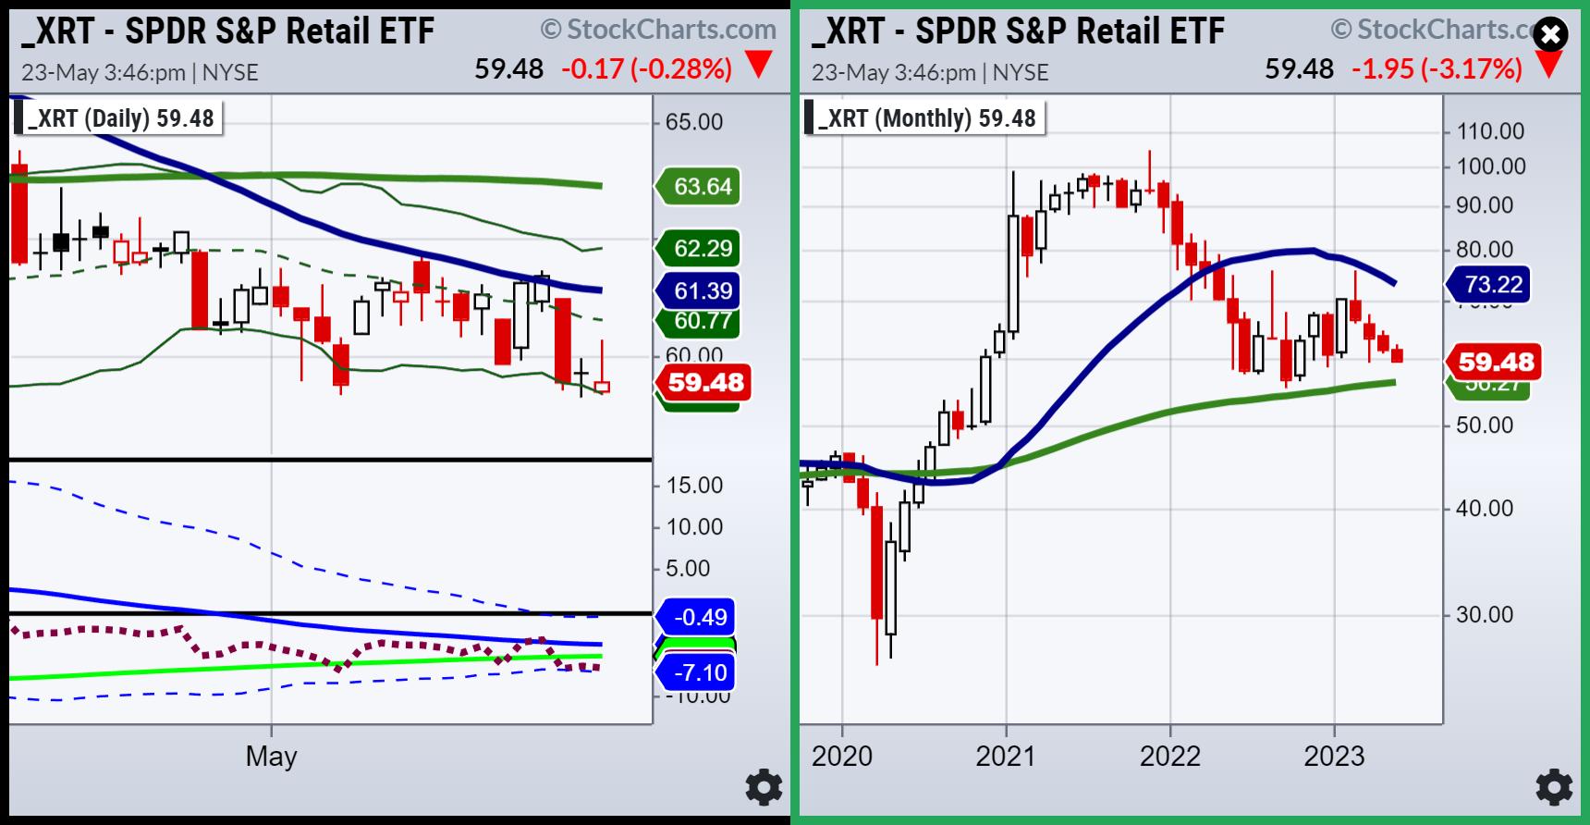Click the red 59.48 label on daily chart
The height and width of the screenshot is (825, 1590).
click(704, 382)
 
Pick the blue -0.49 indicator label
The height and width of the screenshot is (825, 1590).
click(699, 617)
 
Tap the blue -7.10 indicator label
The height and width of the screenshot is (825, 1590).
click(699, 672)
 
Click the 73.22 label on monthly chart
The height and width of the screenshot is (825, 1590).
click(1492, 284)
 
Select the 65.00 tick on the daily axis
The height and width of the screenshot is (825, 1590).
click(694, 122)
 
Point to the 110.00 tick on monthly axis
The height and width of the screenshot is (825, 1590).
click(1490, 131)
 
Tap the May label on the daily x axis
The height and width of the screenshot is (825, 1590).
click(271, 757)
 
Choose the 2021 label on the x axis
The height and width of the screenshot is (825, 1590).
click(1006, 757)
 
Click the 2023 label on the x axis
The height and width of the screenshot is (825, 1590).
click(1334, 757)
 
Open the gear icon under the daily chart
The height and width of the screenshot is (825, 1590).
click(764, 787)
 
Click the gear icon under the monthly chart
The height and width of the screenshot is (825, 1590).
click(1554, 787)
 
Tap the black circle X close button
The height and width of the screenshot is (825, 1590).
click(1550, 36)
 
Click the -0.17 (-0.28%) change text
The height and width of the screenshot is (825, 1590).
click(646, 68)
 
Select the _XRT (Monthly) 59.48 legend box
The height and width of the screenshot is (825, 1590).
click(924, 118)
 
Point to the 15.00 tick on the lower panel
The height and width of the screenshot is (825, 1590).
click(694, 486)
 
